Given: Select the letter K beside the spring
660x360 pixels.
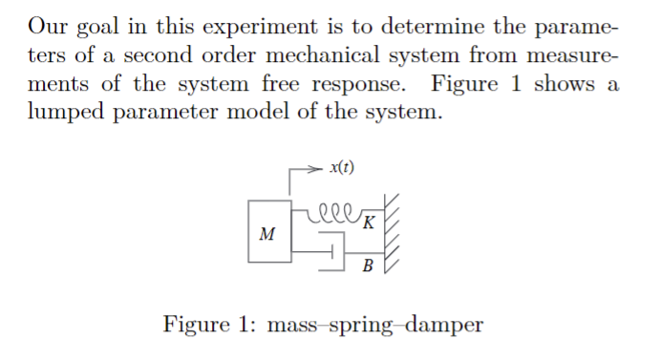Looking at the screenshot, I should point(369,222).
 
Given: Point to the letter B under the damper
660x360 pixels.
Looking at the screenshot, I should point(369,265).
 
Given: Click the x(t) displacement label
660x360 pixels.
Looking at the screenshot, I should point(340,168).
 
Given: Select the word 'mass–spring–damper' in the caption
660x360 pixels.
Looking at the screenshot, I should point(375,325).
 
